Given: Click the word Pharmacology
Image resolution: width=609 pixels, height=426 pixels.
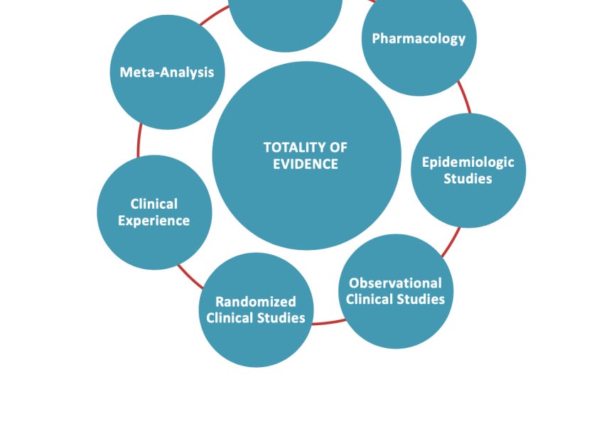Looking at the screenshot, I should click(x=419, y=38).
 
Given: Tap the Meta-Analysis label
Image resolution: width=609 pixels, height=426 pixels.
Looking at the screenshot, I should click(x=167, y=72).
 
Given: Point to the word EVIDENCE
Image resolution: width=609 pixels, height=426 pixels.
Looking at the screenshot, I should click(x=306, y=164).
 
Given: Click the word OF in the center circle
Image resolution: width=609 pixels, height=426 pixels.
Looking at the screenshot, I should click(x=338, y=148).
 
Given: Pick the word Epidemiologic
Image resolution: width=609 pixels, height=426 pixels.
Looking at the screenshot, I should click(x=468, y=162).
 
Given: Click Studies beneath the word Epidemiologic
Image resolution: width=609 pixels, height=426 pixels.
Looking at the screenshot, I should click(x=468, y=179).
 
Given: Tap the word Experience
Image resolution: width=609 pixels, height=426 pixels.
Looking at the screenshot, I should click(x=154, y=221).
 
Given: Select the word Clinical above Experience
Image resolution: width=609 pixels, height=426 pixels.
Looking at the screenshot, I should click(x=154, y=204).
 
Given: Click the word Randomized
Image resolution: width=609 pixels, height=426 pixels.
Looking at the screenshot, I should click(x=256, y=302).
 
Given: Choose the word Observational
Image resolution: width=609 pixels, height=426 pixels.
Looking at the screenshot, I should click(x=395, y=283).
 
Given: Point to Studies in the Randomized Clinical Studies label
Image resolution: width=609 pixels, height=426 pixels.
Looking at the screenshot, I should click(x=281, y=318).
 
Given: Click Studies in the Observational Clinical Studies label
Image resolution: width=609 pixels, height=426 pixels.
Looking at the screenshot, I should click(x=421, y=300).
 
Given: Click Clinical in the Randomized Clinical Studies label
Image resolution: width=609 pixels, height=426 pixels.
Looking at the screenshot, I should click(x=230, y=318).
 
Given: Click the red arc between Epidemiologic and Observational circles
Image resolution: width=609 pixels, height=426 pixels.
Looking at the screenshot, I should click(x=451, y=243).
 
